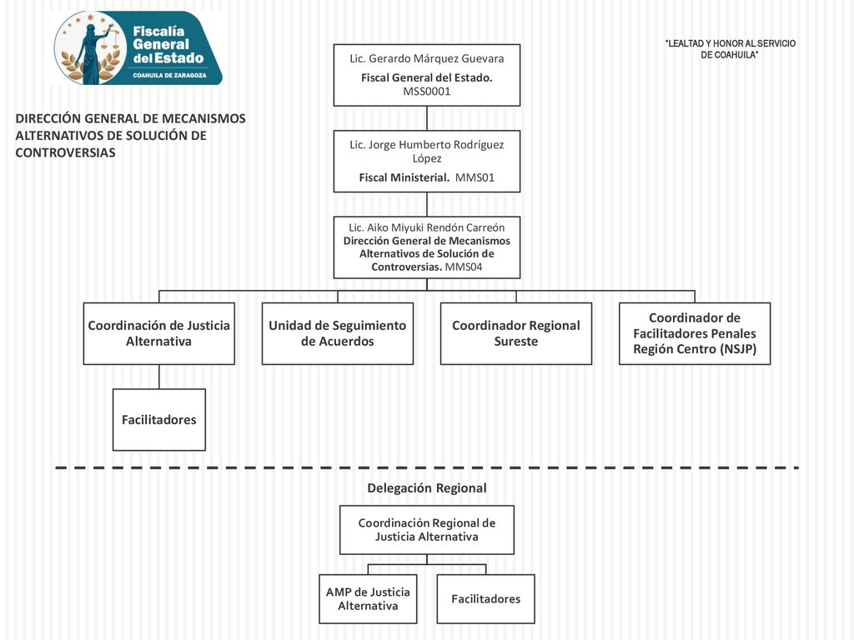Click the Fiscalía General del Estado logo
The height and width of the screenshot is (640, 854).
138,47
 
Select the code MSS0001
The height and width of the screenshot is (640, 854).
427,92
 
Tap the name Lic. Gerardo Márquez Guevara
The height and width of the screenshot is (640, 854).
427,58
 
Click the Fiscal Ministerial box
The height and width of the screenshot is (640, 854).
427,161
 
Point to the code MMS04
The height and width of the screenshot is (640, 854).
464,267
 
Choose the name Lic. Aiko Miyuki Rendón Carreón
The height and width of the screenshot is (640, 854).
427,227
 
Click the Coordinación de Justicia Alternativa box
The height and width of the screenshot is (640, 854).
159,333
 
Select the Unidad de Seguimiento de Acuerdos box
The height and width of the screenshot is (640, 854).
338,333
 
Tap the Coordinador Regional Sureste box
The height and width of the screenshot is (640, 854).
516,333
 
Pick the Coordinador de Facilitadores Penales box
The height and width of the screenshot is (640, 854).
695,333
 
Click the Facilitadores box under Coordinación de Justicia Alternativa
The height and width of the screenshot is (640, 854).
159,420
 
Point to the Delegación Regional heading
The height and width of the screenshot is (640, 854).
427,488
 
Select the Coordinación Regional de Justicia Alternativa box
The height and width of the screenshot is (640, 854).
427,530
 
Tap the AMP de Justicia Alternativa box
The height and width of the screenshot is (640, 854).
368,598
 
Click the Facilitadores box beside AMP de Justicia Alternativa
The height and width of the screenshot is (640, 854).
486,598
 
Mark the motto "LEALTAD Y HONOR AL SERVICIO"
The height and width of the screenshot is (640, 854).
731,43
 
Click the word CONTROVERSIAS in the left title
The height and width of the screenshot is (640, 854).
65,153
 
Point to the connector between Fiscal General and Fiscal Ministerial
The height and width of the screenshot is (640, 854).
427,118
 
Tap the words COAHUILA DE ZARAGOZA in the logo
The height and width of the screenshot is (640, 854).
170,76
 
